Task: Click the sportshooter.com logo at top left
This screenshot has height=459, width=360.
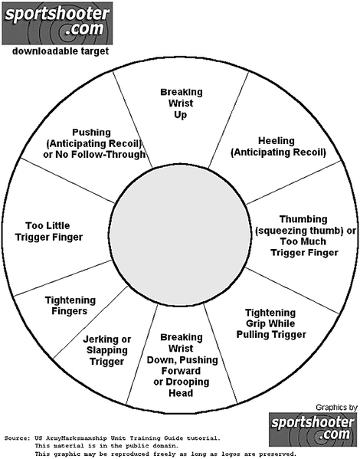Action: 57,24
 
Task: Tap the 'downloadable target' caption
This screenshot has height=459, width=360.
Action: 61,51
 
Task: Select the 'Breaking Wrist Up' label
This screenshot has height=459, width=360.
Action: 182,103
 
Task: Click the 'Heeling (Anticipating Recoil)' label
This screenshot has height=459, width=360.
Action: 278,146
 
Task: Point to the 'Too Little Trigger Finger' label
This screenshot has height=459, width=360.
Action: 48,231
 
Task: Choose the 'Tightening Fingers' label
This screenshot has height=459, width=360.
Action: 70,306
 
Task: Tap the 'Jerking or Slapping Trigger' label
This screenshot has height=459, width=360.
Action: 106,350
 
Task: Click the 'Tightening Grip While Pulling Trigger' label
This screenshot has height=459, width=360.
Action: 271,324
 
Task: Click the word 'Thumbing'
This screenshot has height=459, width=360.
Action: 303,219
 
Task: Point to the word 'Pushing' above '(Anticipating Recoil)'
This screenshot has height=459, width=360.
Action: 92,133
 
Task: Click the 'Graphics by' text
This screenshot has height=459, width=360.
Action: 336,407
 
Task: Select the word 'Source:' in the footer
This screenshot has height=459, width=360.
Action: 17,438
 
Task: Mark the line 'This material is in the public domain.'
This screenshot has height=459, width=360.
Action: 106,446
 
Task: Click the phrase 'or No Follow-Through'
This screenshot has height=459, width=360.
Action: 94,154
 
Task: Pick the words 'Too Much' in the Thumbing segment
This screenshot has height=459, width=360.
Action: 303,241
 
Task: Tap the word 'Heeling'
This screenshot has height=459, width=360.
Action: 277,141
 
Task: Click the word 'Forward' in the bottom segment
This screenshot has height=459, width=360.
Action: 182,371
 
